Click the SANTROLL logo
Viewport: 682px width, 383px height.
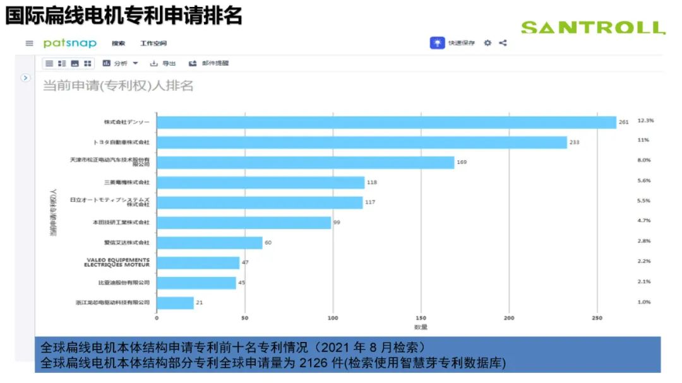point(592,28)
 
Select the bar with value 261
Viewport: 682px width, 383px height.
point(386,122)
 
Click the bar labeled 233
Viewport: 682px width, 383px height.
point(361,143)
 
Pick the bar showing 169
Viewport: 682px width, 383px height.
point(305,162)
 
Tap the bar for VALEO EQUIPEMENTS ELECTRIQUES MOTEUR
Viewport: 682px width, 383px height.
point(198,262)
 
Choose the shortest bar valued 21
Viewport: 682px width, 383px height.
point(175,303)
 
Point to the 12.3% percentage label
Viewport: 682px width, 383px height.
point(645,120)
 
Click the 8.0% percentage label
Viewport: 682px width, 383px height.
point(643,160)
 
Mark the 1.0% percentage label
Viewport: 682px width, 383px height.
point(643,302)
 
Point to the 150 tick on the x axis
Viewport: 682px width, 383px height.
point(421,318)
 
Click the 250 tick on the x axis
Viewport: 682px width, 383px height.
point(597,318)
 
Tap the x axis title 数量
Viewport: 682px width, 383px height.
point(421,327)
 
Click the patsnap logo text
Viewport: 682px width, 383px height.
point(69,43)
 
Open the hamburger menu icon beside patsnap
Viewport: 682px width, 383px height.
point(29,44)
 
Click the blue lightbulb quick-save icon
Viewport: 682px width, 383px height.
point(437,43)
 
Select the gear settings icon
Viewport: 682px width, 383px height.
point(488,43)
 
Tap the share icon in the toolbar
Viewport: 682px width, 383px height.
point(503,43)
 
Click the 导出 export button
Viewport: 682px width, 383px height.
point(163,63)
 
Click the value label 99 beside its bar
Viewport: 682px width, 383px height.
point(337,223)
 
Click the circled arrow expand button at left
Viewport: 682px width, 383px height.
point(25,78)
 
